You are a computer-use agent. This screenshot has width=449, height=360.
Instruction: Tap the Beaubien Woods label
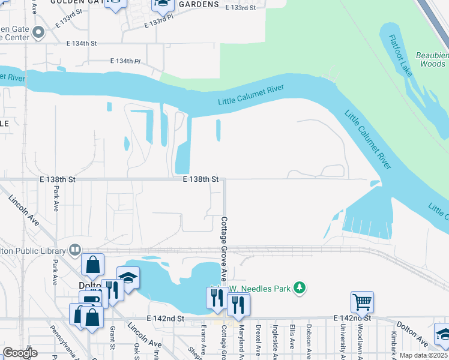(x=433, y=59)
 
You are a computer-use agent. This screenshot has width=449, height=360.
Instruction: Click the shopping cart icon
(x=363, y=302)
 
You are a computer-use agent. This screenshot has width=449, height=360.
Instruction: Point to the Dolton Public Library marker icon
(x=75, y=249)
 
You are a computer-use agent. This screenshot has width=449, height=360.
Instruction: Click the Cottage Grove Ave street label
(x=223, y=249)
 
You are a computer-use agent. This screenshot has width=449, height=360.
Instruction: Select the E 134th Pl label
(x=125, y=61)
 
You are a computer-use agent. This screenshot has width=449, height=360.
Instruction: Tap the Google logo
(x=20, y=353)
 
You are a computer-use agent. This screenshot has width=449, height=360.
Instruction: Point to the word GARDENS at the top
(x=197, y=4)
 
